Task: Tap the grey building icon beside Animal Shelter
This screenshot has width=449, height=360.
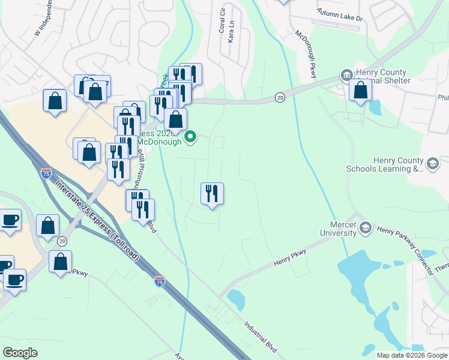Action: point(346,75)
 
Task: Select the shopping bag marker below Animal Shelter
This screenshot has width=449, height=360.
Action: point(360,91)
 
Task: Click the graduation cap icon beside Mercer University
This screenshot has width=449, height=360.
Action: point(366,228)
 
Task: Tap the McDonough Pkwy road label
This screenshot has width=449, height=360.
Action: point(305,55)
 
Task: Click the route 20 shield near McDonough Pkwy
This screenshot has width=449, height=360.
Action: point(280,97)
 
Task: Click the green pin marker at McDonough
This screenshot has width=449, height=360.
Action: point(190,137)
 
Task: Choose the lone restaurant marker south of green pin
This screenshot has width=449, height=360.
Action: point(211,194)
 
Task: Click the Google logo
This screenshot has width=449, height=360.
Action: point(20,352)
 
